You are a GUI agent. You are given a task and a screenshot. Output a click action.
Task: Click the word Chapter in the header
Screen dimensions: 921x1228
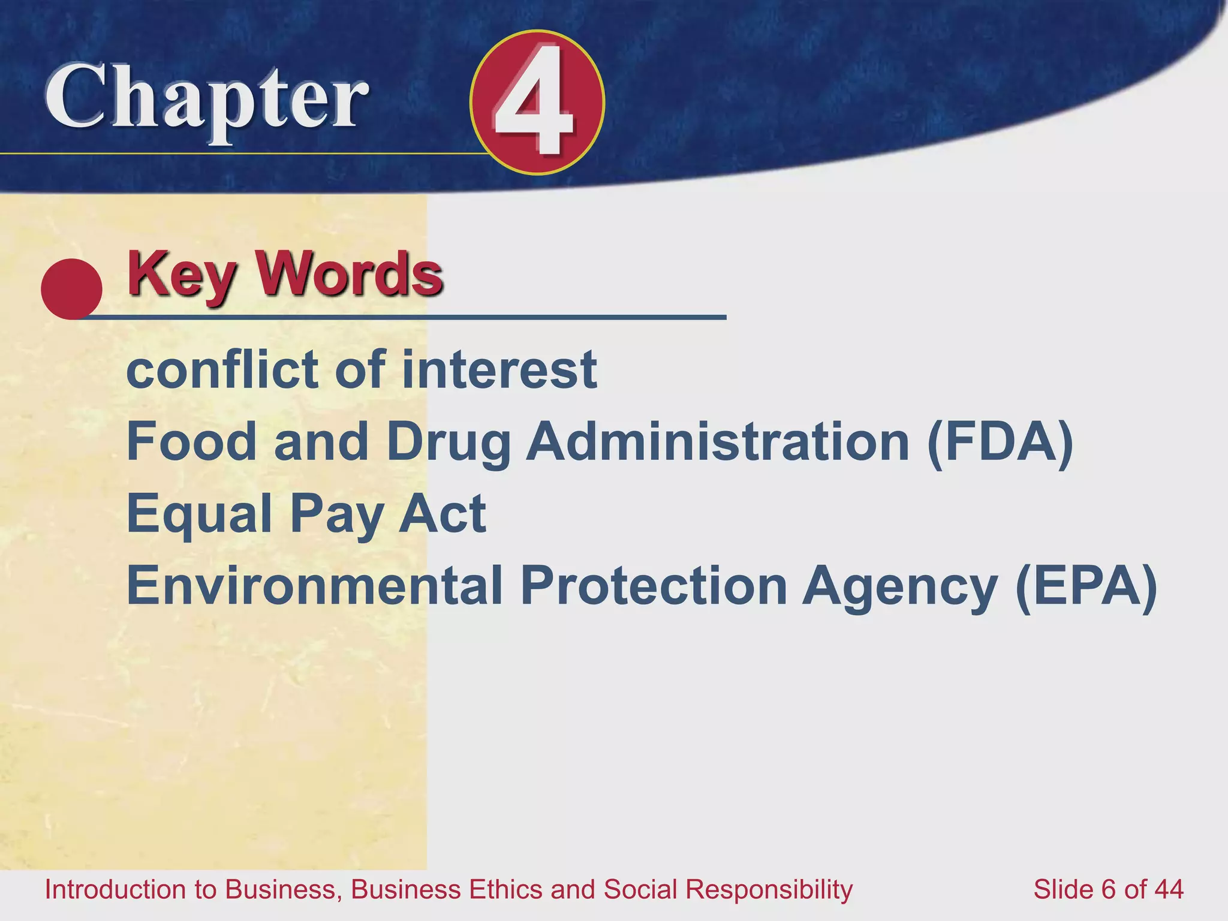click(207, 99)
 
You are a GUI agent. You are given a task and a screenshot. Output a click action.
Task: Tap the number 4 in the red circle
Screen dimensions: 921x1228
click(535, 102)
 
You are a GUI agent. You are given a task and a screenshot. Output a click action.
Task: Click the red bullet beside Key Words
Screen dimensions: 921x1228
click(71, 288)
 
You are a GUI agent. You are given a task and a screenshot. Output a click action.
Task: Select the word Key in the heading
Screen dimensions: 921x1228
click(180, 275)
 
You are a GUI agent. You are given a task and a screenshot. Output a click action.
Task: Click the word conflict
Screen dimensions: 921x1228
click(222, 369)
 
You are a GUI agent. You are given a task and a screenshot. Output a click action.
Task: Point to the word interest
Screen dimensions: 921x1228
click(499, 369)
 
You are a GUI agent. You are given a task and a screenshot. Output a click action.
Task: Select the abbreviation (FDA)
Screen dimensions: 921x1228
click(1000, 443)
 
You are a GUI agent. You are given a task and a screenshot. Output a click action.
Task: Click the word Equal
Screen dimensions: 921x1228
click(200, 514)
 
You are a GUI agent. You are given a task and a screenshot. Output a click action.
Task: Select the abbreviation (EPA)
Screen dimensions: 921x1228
click(1086, 586)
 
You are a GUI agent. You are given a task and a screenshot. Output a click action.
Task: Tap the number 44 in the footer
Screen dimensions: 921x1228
click(1167, 890)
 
